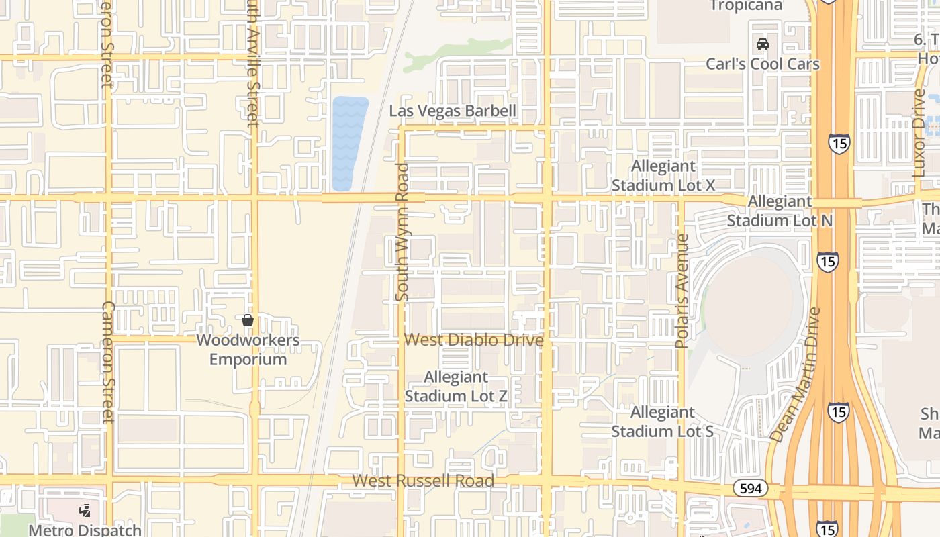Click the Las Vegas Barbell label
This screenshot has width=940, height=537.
point(453,111)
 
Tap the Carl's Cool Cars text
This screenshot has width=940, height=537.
point(763,64)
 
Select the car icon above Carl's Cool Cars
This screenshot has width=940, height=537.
point(763,44)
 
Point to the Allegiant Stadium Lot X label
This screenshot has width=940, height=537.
point(663,176)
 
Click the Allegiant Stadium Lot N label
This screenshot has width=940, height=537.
point(780,211)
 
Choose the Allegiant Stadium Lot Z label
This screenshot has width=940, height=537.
point(456,387)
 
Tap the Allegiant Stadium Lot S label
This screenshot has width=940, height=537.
point(662,422)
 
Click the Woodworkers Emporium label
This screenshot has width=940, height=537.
point(248,349)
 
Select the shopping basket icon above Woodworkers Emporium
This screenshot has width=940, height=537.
point(248,320)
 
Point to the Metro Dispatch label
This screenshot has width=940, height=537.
point(85,530)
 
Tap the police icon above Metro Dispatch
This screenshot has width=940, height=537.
point(85,511)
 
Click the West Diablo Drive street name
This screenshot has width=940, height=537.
point(473,340)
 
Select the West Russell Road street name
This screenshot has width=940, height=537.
point(423,481)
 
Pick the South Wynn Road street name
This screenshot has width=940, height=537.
point(402,232)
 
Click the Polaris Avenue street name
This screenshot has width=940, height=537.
point(681,291)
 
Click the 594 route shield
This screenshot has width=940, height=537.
point(750,488)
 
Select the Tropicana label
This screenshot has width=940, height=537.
point(746,6)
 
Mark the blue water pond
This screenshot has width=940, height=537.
point(350,143)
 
